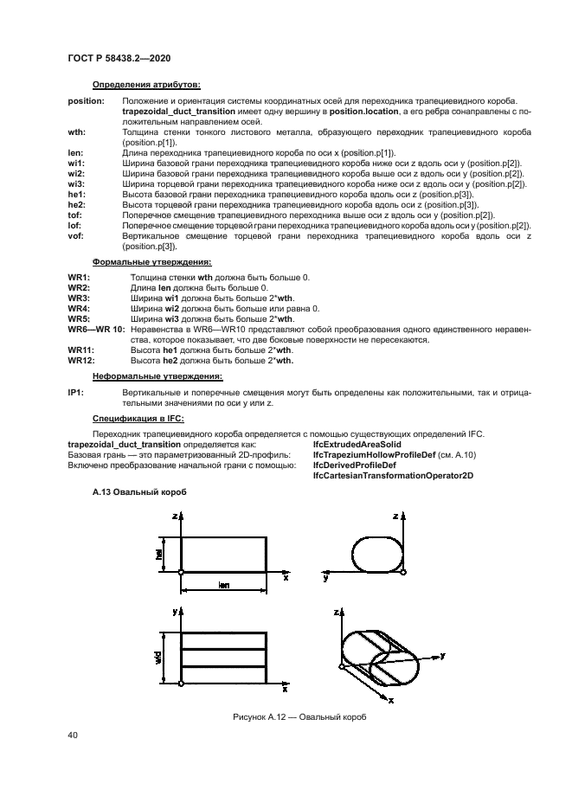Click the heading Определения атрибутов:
click(x=146, y=85)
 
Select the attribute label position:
click(x=86, y=102)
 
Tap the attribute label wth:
click(x=76, y=132)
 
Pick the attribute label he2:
click(x=76, y=203)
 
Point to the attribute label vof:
click(x=75, y=237)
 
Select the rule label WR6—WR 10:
click(x=95, y=330)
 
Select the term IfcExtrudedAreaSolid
click(x=357, y=444)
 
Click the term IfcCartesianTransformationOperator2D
click(x=392, y=475)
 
